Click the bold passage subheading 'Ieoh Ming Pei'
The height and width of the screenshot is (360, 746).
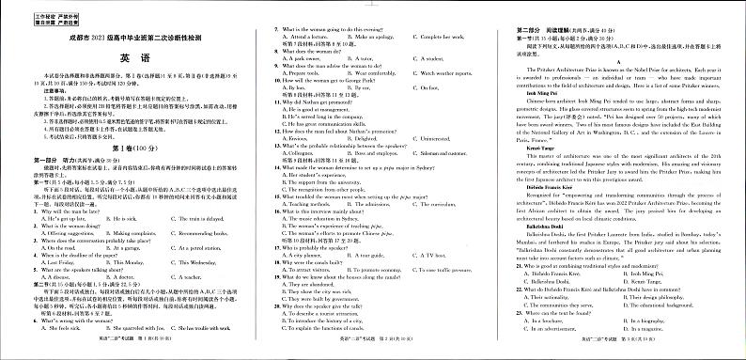point(531,94)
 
